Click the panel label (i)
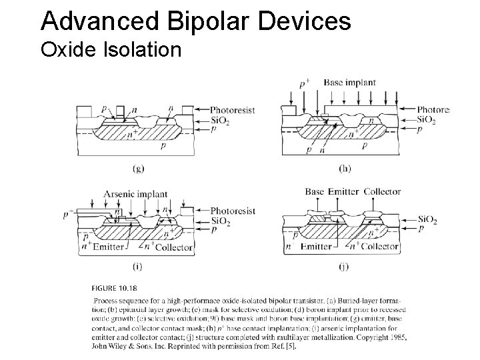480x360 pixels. point(137,267)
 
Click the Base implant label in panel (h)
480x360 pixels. point(349,83)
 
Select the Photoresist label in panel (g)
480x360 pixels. point(232,109)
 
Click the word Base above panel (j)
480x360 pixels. point(315,192)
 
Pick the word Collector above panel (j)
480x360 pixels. point(382,192)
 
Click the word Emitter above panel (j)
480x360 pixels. point(344,192)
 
